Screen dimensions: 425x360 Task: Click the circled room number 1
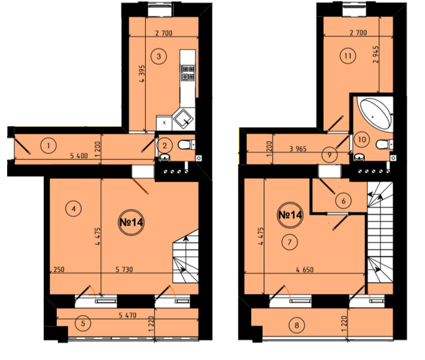[48, 146]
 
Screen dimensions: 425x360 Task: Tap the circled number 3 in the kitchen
[159, 56]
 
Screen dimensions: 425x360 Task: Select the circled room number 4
[73, 208]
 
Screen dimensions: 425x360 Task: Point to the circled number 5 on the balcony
[83, 323]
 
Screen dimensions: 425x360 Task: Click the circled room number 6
[343, 201]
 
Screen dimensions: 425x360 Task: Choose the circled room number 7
[290, 242]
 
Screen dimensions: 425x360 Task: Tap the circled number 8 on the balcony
[297, 325]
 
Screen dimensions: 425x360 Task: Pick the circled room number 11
[348, 56]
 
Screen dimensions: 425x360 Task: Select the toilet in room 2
[186, 144]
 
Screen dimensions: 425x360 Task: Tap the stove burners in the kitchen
[188, 73]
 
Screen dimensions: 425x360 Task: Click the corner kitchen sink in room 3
[184, 119]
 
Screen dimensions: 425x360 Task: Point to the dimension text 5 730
[124, 270]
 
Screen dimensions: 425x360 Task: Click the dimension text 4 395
[142, 73]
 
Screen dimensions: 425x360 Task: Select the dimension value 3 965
[298, 149]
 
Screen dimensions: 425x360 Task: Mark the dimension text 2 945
[376, 54]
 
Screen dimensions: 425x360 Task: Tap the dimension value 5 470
[127, 316]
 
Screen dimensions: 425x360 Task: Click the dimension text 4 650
[305, 270]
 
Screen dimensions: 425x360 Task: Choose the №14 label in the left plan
[131, 222]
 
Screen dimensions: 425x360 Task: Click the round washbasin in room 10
[360, 157]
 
